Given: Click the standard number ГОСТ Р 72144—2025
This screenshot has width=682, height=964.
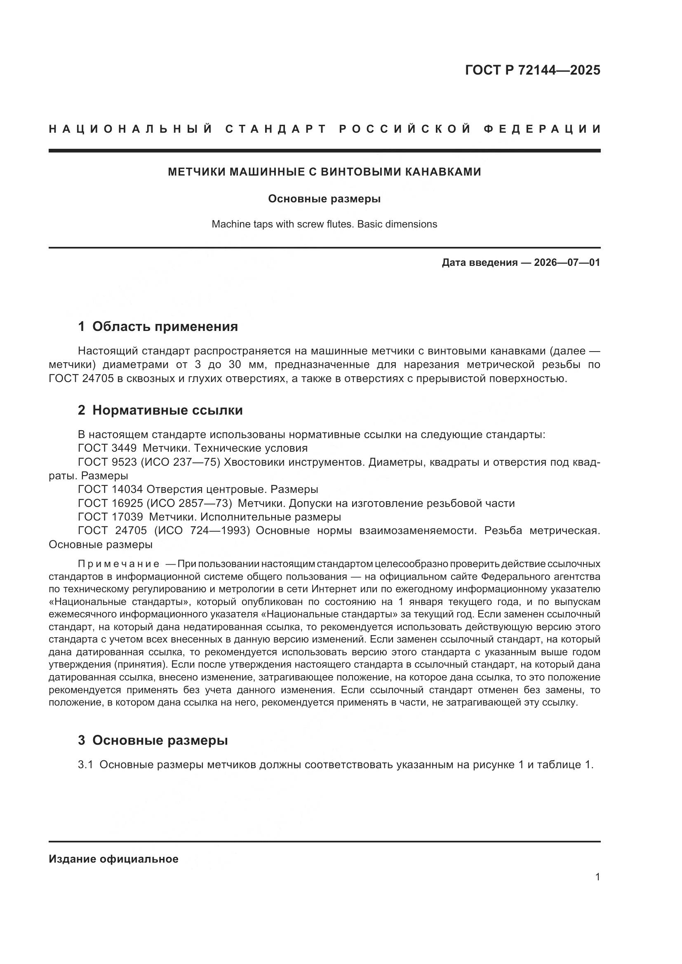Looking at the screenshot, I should tap(532, 70).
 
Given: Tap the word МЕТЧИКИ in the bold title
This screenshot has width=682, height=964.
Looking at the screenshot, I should tap(194, 172).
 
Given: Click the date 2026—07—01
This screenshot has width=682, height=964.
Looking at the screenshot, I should tap(567, 263).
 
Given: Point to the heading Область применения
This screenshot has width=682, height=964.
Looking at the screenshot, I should tap(165, 326).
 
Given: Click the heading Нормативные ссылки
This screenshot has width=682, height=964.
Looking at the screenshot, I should tap(167, 410).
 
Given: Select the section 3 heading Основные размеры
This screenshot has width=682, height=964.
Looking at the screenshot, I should tap(160, 740).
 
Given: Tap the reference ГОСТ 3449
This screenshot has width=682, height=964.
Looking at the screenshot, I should tap(107, 448).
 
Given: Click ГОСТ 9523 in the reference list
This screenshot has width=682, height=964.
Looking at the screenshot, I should tap(107, 462).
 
